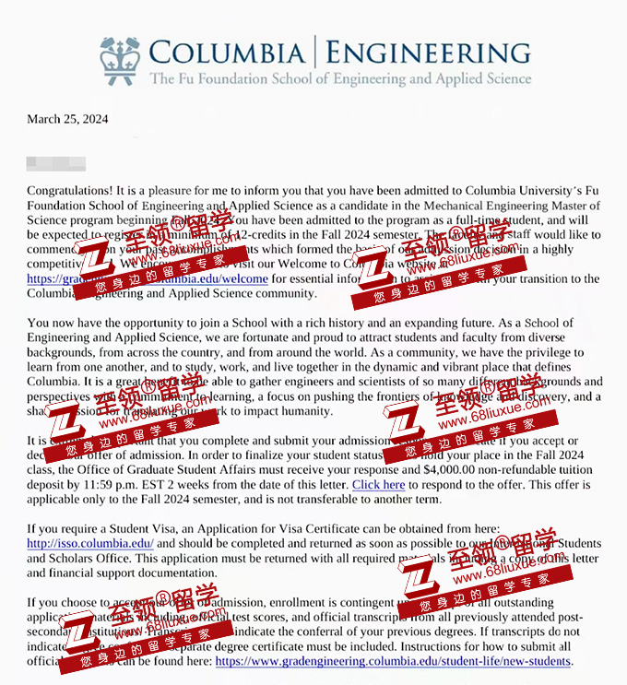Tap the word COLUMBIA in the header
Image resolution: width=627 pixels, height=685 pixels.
pos(226,52)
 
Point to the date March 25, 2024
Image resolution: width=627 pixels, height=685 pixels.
pos(67,119)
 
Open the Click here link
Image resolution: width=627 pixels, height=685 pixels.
pos(378,484)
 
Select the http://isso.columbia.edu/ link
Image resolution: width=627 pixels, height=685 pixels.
pos(90,543)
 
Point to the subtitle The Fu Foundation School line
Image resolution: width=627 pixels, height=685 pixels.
pos(340,79)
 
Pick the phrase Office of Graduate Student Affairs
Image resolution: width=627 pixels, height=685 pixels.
pos(148,469)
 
